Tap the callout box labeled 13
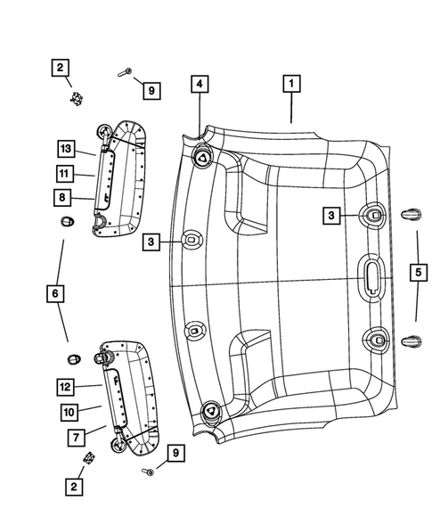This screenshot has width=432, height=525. click(x=64, y=148)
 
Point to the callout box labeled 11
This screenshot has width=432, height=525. click(x=64, y=172)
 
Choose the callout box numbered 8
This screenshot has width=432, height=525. click(x=64, y=197)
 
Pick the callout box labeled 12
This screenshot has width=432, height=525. click(x=64, y=387)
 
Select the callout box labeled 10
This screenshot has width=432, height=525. click(x=64, y=411)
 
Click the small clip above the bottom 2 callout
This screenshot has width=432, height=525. click(x=89, y=457)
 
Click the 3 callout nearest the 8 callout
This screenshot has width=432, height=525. click(x=153, y=242)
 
